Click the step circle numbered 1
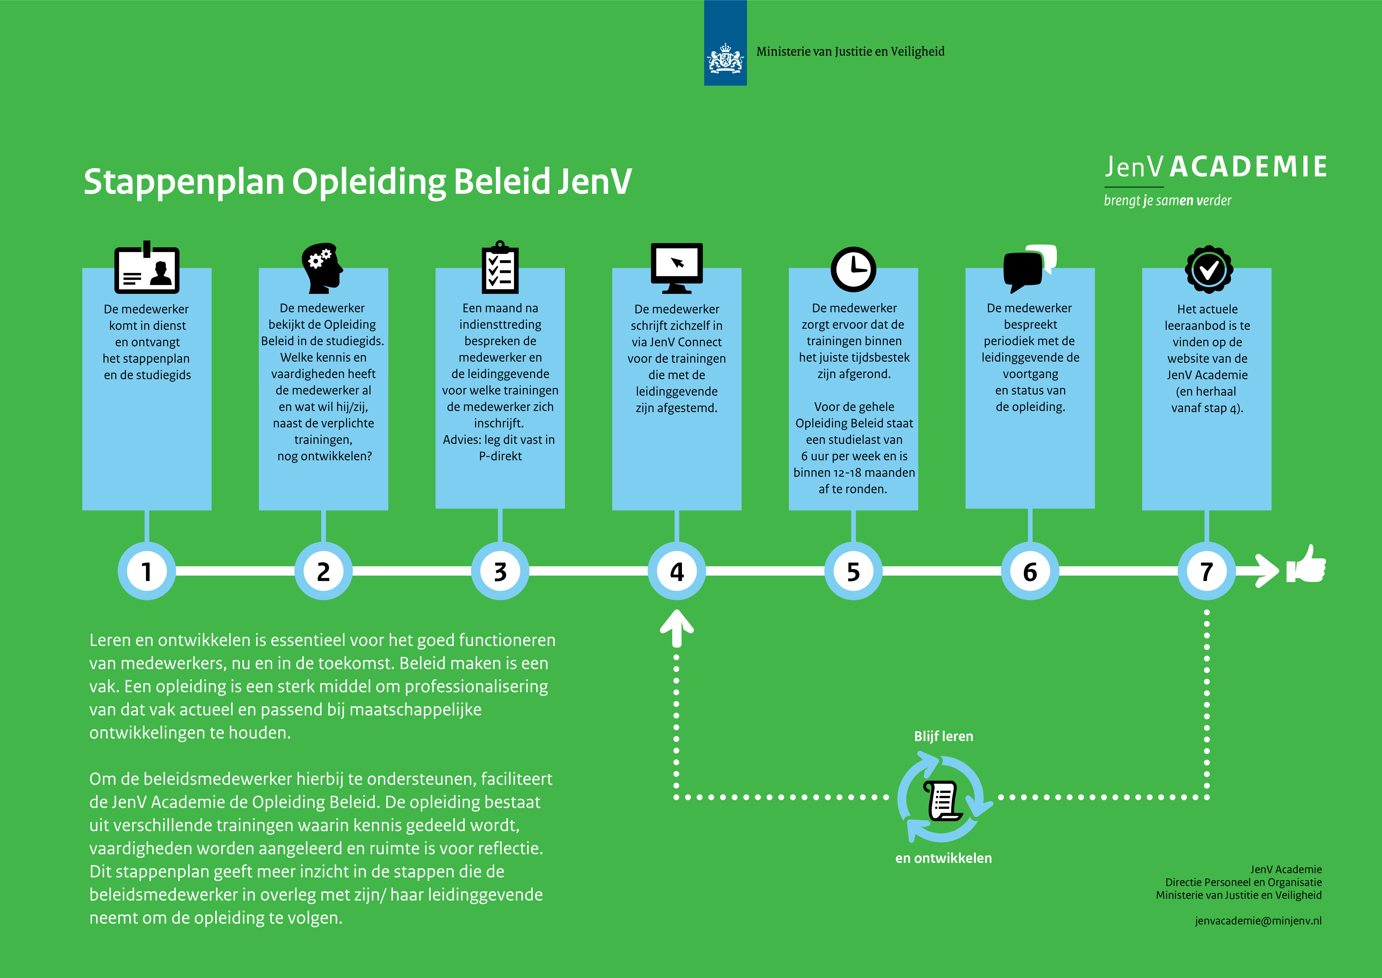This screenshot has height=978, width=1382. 146,571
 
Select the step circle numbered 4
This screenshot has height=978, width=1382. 677,571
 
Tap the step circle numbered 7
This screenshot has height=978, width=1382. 1206,571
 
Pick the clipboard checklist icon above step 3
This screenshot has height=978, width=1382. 499,267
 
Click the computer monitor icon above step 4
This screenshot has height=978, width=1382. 677,267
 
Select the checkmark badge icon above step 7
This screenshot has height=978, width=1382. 1209,269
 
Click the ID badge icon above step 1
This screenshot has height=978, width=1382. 147,268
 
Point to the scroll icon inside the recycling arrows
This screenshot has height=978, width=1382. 942,800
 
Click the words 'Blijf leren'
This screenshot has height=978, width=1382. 943,736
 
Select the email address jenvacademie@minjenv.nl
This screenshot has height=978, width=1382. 1258,920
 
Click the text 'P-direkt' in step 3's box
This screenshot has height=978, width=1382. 500,456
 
